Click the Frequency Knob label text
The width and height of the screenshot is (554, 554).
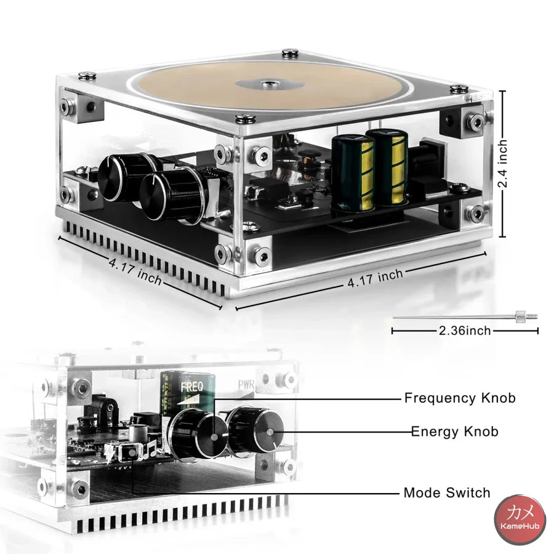[x=459, y=398]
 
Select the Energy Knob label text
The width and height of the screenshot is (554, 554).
[x=454, y=432]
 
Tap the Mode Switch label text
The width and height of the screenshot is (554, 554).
[x=447, y=492]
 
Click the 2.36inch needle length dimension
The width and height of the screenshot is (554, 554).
[x=465, y=331]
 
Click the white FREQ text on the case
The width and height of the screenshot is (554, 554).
[x=190, y=387]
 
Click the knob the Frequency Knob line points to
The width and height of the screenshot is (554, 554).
[x=196, y=435]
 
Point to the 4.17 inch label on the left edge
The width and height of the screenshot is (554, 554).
[x=136, y=271]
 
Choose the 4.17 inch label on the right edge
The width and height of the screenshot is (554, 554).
[x=375, y=278]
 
